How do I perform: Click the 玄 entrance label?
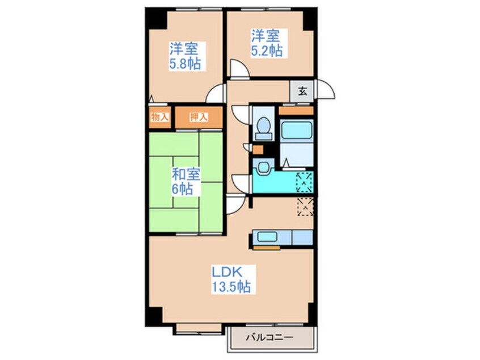(302, 91)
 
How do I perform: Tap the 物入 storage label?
(160, 117)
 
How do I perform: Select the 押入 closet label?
(199, 117)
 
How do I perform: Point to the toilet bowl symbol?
(264, 128)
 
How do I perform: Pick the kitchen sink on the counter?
(267, 237)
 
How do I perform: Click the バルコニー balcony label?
(270, 338)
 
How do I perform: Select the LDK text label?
(227, 272)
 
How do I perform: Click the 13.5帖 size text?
(231, 287)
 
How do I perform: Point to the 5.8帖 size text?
(185, 64)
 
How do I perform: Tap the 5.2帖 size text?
(267, 51)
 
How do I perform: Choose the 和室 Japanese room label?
(186, 174)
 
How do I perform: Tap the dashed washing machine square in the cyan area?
(304, 182)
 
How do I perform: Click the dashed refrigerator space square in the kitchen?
(305, 207)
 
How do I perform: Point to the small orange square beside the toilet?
(258, 149)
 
